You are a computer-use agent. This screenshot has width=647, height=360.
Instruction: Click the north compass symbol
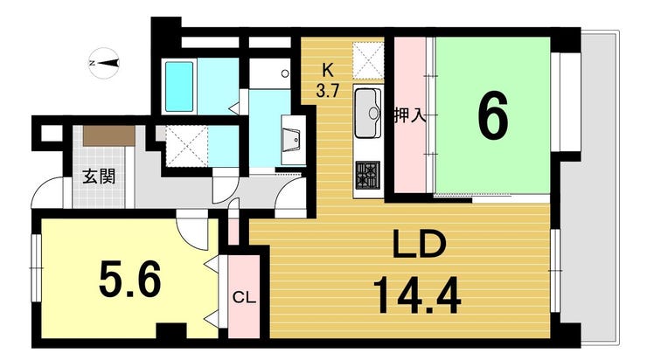106,62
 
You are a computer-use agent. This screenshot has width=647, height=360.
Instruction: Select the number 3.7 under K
327,88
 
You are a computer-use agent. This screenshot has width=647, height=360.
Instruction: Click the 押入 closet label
410,114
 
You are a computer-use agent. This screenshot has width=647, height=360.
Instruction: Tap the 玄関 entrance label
97,175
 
